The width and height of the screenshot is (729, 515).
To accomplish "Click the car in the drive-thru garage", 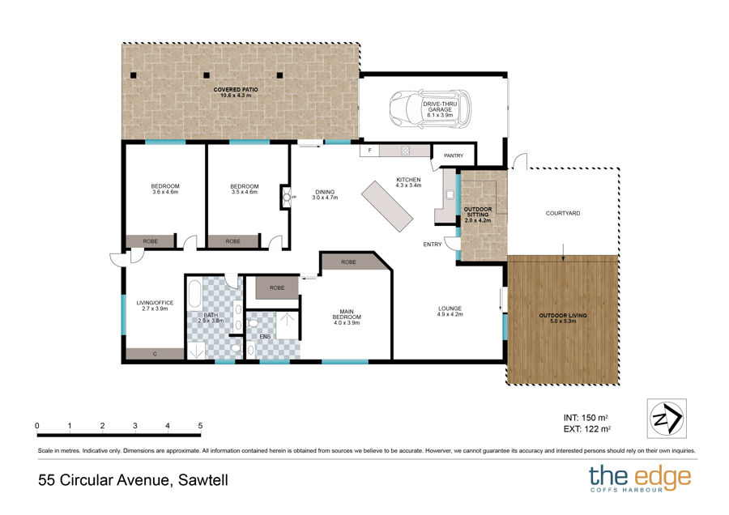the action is (430, 109).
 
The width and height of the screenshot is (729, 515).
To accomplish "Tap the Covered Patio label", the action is (236, 92).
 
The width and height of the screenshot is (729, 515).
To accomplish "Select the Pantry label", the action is (454, 155).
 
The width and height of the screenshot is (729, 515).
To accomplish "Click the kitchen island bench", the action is (387, 206).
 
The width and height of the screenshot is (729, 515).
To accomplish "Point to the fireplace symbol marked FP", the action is (287, 197).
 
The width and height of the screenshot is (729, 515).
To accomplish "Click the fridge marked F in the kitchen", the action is (369, 151).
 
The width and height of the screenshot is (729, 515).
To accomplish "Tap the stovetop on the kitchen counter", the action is (406, 150).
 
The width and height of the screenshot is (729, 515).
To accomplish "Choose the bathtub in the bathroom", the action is (194, 294).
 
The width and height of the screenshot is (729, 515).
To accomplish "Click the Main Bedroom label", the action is (347, 317).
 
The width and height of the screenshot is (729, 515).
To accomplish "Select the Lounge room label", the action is (450, 311).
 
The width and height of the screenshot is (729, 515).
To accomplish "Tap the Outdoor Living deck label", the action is (563, 318).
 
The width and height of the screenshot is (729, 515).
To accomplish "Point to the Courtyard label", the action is (563, 213).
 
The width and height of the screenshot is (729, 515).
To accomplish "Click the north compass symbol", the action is (667, 419).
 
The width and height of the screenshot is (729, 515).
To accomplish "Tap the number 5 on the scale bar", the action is (200, 426).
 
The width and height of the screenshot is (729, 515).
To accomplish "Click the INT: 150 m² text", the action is (586, 418).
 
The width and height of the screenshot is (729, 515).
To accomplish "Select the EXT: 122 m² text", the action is (586, 429).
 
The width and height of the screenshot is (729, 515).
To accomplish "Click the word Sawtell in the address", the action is (203, 479).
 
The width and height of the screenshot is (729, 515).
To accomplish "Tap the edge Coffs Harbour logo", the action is (640, 479).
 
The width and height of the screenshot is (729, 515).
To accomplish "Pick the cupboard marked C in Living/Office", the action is (155, 354).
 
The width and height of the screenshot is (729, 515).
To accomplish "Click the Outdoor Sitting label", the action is (478, 215).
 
